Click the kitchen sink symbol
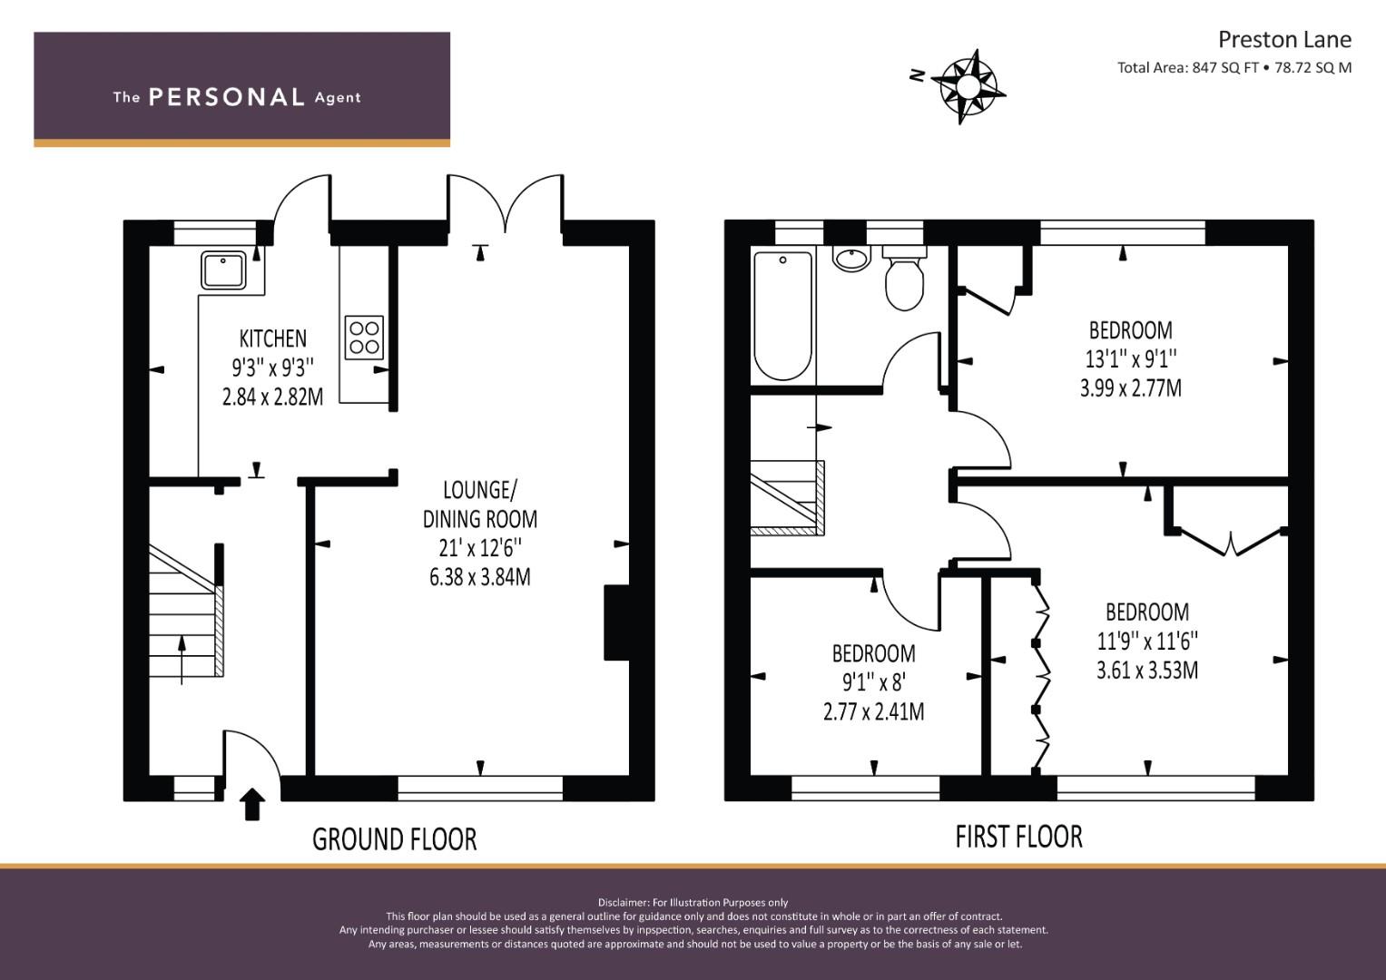[223, 270]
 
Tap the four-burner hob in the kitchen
[364, 337]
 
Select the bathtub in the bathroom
[782, 316]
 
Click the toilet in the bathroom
[903, 280]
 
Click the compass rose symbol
[968, 86]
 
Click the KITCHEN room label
[272, 338]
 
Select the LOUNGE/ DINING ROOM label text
[479, 505]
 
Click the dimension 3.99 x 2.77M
[1130, 388]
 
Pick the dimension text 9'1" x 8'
[873, 681]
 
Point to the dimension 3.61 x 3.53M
[1146, 671]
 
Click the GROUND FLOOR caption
[394, 839]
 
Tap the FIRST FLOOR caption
[1018, 837]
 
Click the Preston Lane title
[1283, 39]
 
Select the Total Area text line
[1234, 67]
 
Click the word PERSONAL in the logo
[226, 97]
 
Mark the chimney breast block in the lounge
[616, 622]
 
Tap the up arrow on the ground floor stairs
[182, 658]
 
